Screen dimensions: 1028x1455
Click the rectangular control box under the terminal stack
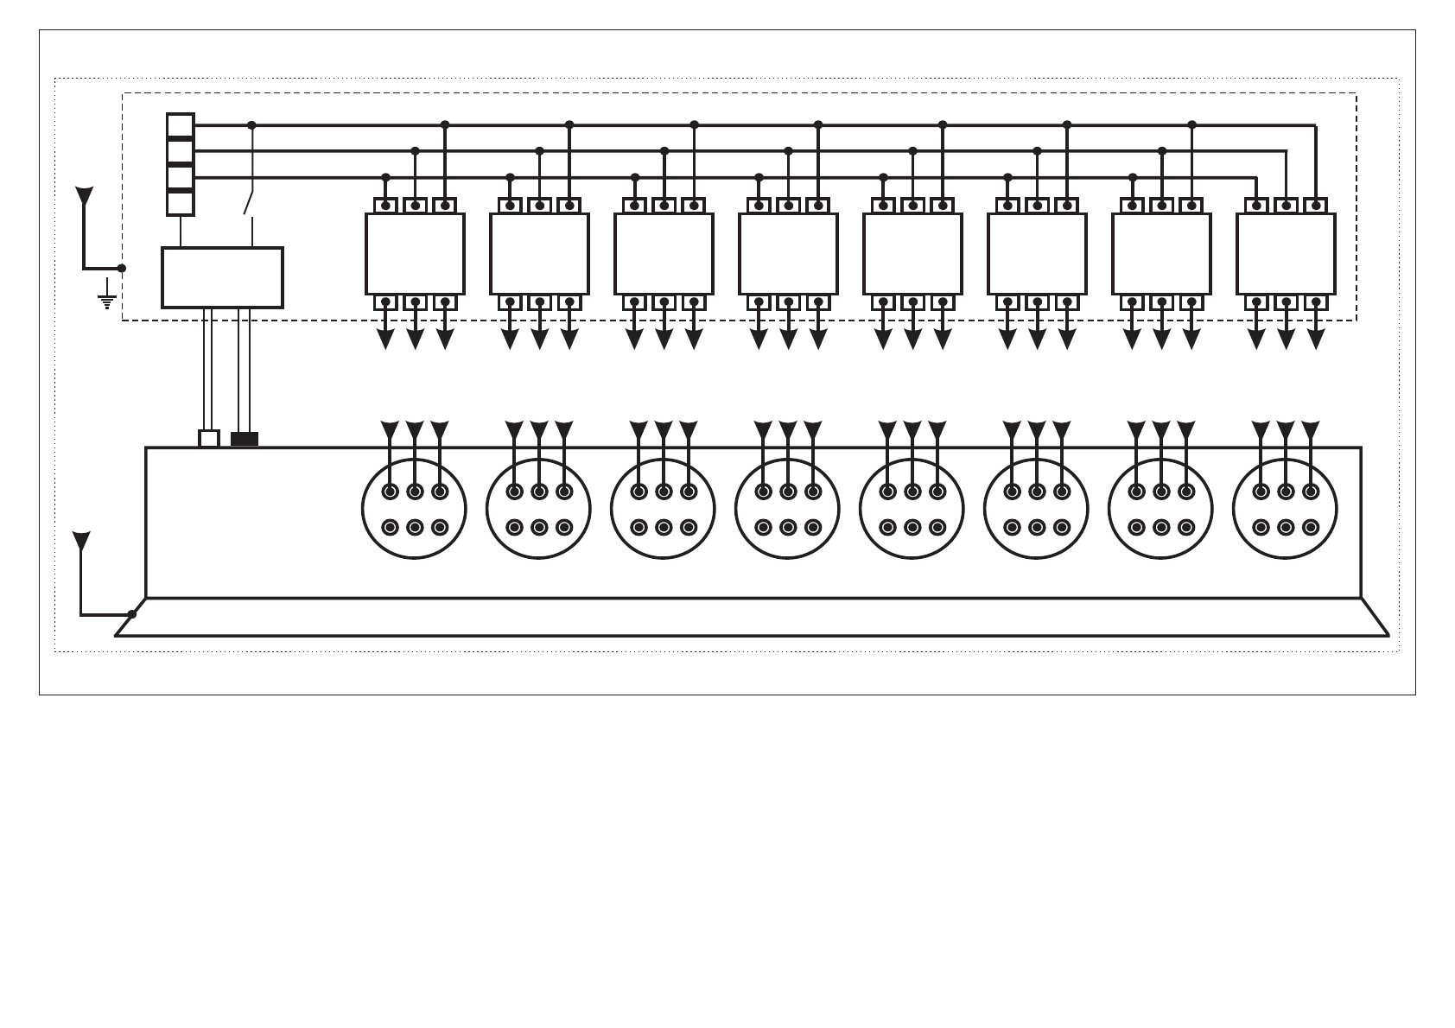pyautogui.click(x=222, y=277)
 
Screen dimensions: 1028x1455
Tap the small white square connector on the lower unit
pyautogui.click(x=209, y=439)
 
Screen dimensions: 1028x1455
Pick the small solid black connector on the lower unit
pyautogui.click(x=245, y=439)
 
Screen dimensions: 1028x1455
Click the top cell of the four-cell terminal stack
pyautogui.click(x=180, y=126)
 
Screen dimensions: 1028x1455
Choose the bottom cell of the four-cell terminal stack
pyautogui.click(x=180, y=204)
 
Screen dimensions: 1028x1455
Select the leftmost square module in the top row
pyautogui.click(x=415, y=254)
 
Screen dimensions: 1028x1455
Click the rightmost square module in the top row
pyautogui.click(x=1286, y=254)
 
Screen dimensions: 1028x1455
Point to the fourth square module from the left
pyautogui.click(x=788, y=254)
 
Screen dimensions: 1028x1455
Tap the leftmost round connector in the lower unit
pyautogui.click(x=414, y=509)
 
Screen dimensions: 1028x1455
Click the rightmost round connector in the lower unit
pyautogui.click(x=1285, y=509)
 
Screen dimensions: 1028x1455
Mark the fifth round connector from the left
pyautogui.click(x=912, y=509)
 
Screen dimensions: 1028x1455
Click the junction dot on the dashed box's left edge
pyautogui.click(x=122, y=268)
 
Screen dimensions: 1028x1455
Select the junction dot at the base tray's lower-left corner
pyautogui.click(x=132, y=614)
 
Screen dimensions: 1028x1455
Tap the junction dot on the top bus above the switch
pyautogui.click(x=251, y=125)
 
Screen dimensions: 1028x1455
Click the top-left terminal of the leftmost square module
pyautogui.click(x=385, y=206)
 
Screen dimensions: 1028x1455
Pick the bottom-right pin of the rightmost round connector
pyautogui.click(x=1310, y=527)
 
